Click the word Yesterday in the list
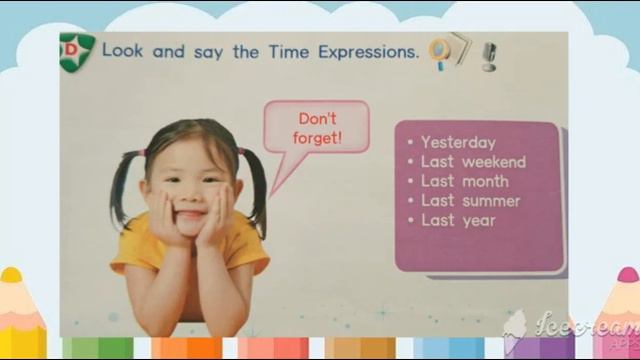pyautogui.click(x=458, y=142)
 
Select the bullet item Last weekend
pyautogui.click(x=473, y=162)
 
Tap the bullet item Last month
pyautogui.click(x=464, y=181)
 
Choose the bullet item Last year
pyautogui.click(x=458, y=220)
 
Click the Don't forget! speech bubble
pyautogui.click(x=317, y=128)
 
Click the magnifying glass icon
pyautogui.click(x=438, y=51)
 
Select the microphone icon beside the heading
pyautogui.click(x=489, y=55)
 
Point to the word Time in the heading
pyautogui.click(x=288, y=51)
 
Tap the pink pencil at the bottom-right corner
pyautogui.click(x=627, y=315)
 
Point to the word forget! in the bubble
pyautogui.click(x=318, y=138)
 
